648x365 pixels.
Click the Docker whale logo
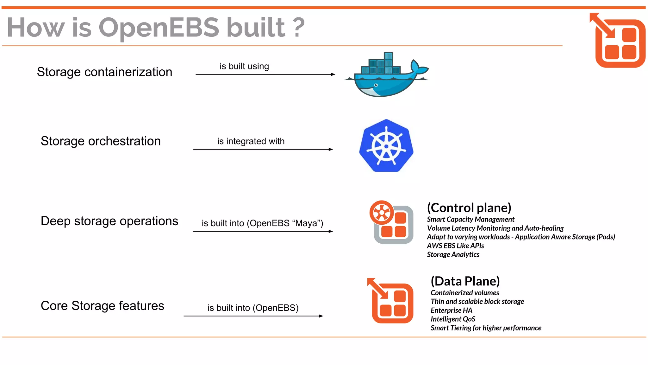[384, 78]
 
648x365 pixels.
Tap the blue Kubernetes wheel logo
[386, 146]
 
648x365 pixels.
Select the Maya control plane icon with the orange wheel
[392, 222]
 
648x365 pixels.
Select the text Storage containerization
[104, 72]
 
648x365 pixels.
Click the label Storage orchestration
[101, 141]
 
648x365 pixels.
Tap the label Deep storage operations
[109, 221]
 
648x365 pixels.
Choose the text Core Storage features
[102, 306]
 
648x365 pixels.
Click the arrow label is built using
[244, 66]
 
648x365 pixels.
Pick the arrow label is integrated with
[251, 141]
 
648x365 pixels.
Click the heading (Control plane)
[469, 208]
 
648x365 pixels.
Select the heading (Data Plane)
[465, 281]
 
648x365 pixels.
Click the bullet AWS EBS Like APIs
[455, 246]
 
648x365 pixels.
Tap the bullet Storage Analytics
[453, 254]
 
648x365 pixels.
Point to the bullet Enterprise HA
[451, 310]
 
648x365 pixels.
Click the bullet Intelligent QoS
[453, 319]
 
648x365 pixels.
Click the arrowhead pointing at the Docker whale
[333, 74]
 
